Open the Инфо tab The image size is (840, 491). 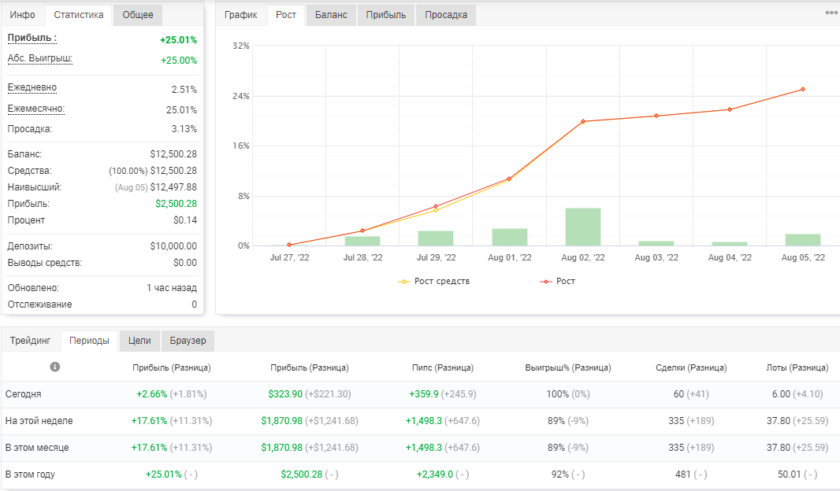pos(23,15)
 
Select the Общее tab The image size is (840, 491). pos(138,15)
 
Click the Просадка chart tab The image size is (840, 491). pos(446,15)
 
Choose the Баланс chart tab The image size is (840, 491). pos(331,15)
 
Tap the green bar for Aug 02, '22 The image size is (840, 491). pos(583,227)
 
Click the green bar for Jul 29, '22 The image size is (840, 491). pos(436,238)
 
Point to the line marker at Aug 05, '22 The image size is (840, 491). pos(802,90)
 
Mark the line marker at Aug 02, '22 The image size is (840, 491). pos(583,121)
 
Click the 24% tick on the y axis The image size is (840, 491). pos(241,96)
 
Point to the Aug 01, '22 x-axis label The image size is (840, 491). pos(510,257)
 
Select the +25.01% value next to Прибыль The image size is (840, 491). pos(178,40)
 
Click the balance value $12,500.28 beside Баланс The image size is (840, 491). pos(173,154)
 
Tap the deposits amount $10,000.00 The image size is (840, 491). pos(173,246)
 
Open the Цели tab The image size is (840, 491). pos(139,341)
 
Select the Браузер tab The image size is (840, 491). pos(188,341)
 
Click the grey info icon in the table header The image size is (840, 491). pos(54,367)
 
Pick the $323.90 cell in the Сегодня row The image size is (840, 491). pos(285,394)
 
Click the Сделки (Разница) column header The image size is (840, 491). pos(691,367)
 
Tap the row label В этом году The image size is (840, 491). pos(30,474)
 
